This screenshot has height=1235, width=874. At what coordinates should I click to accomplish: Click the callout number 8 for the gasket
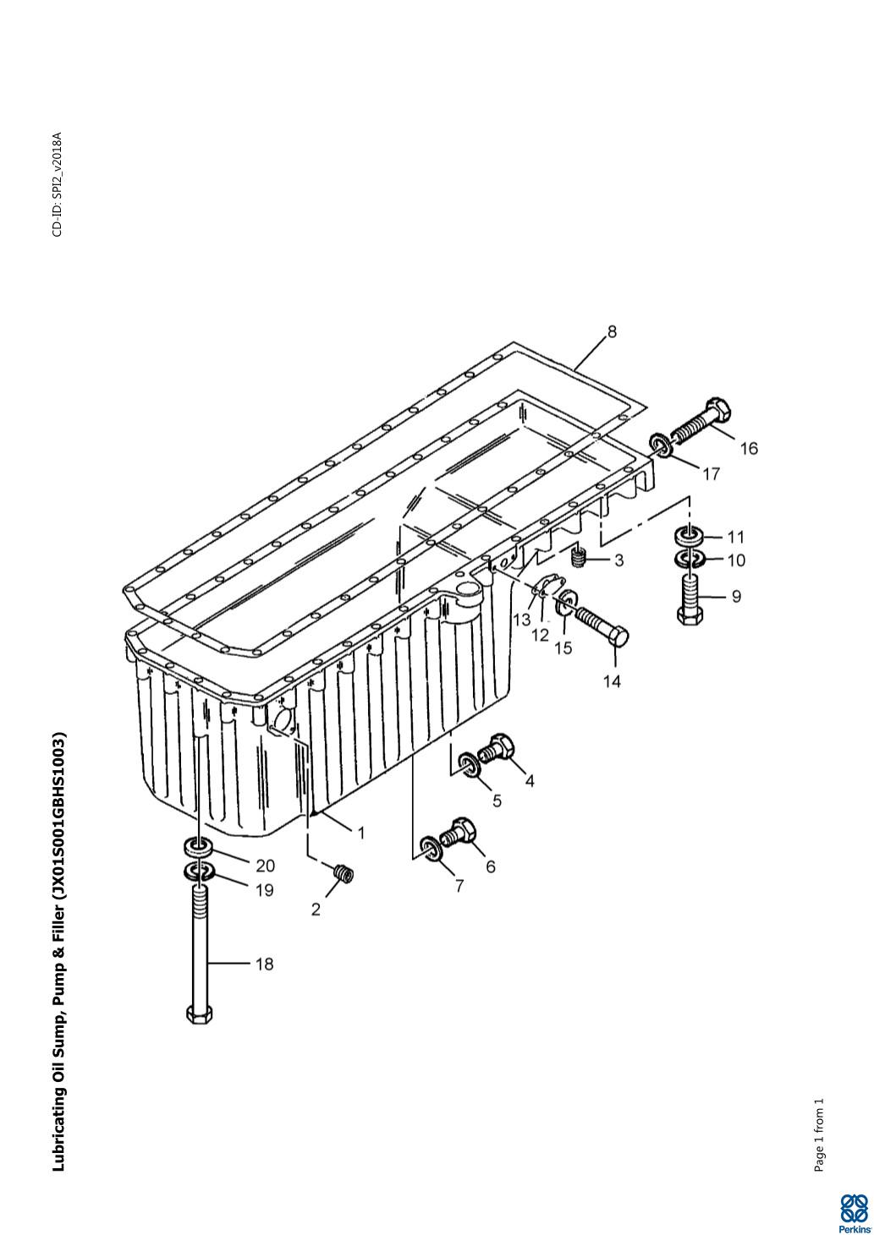(x=612, y=331)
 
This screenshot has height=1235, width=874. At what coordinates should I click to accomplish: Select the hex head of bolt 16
(x=717, y=410)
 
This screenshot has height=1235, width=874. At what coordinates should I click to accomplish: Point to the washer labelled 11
(x=689, y=534)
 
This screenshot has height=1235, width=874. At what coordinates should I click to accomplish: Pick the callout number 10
(x=737, y=560)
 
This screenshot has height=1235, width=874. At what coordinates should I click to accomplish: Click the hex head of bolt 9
(x=690, y=616)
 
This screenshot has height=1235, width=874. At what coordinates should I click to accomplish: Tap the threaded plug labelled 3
(x=578, y=559)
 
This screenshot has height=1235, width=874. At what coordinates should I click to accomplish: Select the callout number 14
(x=612, y=681)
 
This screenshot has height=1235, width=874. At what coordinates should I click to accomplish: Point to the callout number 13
(x=521, y=620)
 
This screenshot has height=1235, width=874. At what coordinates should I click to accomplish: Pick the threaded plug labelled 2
(x=344, y=873)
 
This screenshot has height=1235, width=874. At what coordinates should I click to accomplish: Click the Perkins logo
(x=855, y=1212)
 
